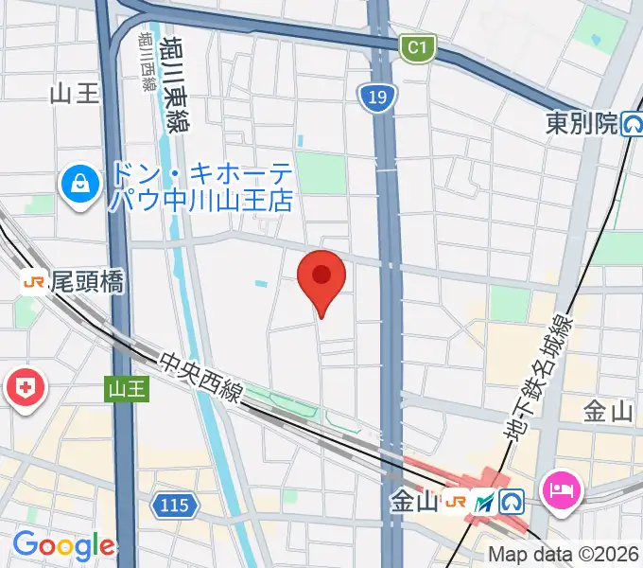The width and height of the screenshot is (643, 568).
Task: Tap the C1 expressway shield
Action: (417, 46)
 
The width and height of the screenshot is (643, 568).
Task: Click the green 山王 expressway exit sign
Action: (127, 388)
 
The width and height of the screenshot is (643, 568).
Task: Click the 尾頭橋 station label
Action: (87, 281)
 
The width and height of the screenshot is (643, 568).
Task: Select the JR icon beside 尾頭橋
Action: (34, 281)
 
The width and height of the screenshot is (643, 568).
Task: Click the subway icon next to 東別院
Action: (632, 124)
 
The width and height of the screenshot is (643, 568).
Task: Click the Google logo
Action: (62, 546)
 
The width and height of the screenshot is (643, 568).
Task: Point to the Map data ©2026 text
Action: (564, 555)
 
